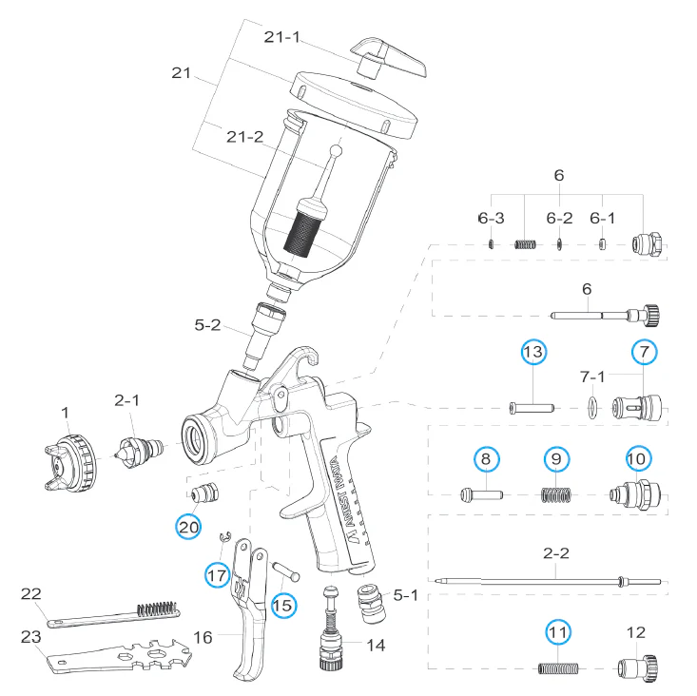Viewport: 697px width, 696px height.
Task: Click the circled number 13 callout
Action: click(534, 353)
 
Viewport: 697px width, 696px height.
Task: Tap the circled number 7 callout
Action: click(644, 353)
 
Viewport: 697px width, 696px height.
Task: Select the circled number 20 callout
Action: click(188, 526)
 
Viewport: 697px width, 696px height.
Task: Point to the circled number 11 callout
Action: click(558, 631)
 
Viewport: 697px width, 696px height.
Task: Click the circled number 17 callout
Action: click(218, 574)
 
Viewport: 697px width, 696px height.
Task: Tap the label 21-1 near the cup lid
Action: click(282, 37)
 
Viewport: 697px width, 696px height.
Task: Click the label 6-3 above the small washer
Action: click(491, 218)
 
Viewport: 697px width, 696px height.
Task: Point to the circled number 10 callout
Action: click(637, 458)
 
